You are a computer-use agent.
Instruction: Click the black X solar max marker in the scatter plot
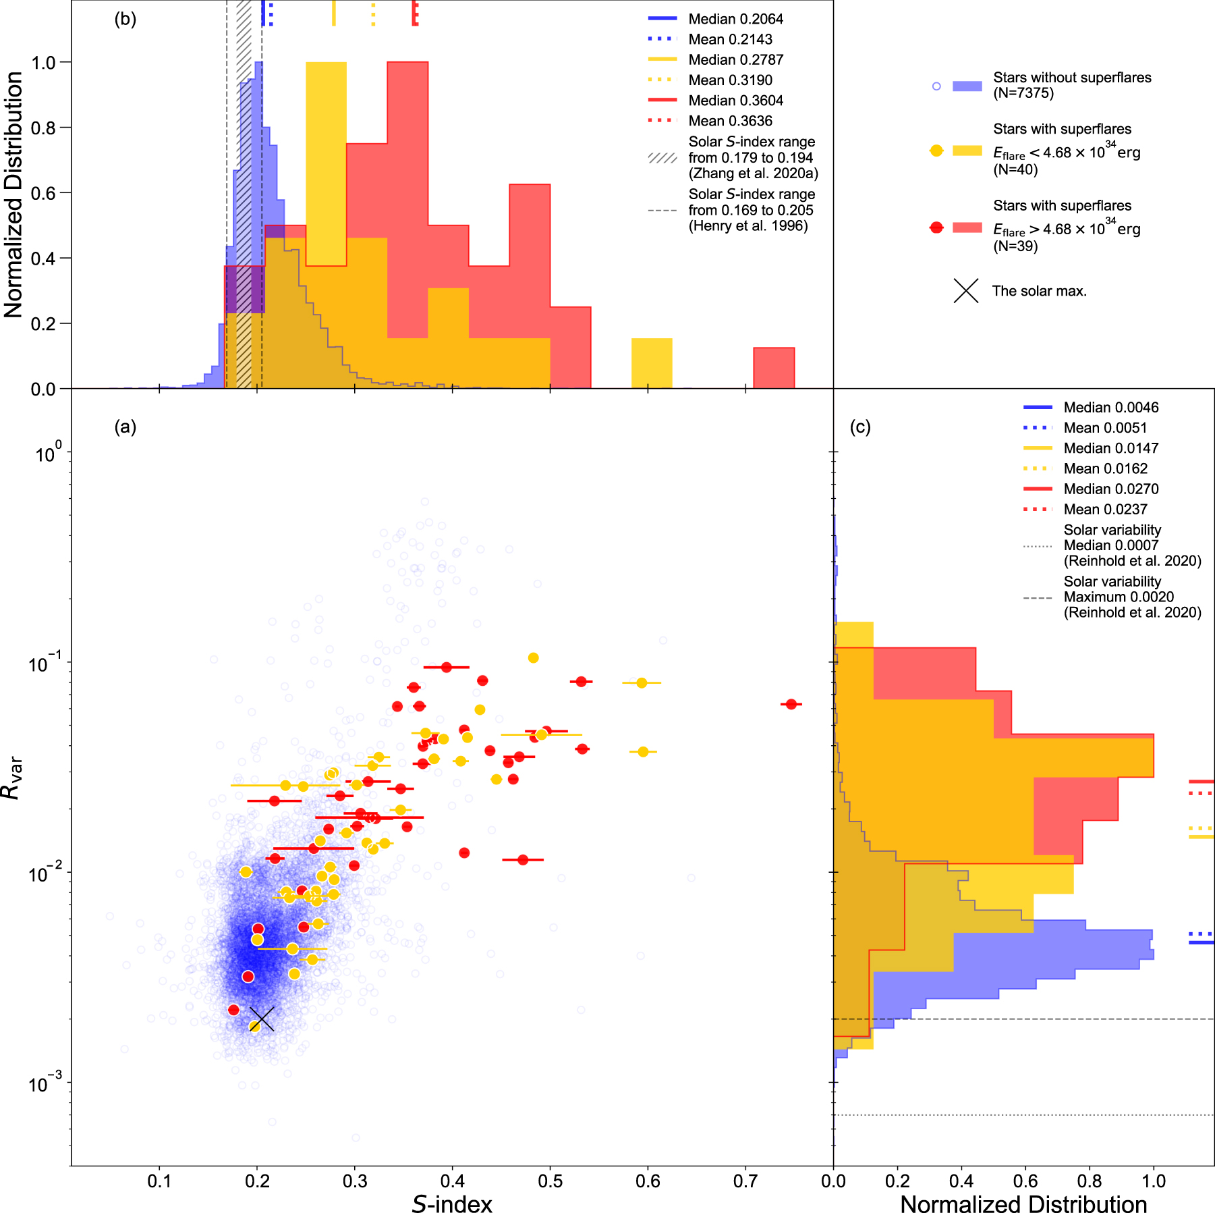click(262, 1019)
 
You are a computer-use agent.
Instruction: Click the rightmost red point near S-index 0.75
click(791, 704)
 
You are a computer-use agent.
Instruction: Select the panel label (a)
click(125, 427)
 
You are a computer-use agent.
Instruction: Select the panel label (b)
click(125, 19)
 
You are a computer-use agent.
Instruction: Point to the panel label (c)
click(860, 427)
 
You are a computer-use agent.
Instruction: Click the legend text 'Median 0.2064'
click(735, 20)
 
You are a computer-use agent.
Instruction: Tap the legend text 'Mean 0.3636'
click(730, 121)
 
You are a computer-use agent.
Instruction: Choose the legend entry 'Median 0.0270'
click(1110, 489)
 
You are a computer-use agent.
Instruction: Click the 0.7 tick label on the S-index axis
click(745, 1181)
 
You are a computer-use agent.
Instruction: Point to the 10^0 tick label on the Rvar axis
click(49, 453)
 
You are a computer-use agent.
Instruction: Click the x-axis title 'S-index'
click(452, 1204)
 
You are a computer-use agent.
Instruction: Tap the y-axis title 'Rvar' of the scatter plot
click(12, 778)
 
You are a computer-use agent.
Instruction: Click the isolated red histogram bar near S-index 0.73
click(774, 368)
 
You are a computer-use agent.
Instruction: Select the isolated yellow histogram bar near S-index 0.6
click(652, 363)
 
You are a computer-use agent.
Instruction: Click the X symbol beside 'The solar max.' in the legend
click(966, 291)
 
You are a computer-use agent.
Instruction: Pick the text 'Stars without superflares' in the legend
click(1072, 78)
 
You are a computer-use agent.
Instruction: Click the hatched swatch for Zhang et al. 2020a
click(662, 158)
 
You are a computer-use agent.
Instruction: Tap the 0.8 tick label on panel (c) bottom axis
click(1090, 1181)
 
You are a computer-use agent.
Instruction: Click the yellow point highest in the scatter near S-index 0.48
click(533, 657)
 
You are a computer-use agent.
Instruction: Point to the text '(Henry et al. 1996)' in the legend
click(747, 225)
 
